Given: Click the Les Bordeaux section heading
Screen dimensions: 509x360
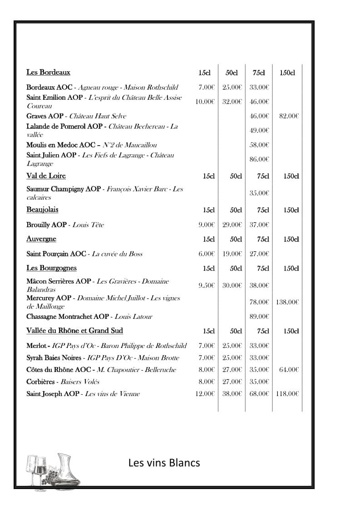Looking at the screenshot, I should point(48,72).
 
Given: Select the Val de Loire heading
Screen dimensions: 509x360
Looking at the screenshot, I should point(46,176).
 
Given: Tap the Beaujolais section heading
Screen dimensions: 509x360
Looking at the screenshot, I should point(42,210).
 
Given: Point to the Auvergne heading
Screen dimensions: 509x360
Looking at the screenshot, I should point(41,239).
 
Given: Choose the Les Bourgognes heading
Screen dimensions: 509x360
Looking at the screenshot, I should point(51,268).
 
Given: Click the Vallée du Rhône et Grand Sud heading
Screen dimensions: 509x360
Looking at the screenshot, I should point(74,330).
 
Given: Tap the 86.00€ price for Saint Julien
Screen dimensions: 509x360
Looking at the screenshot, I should point(259,159).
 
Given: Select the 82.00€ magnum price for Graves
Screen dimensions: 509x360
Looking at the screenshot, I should point(289,116).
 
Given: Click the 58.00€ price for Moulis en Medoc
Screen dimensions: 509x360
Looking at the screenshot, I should point(259,145).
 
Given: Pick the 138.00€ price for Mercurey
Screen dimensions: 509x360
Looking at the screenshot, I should point(287,302).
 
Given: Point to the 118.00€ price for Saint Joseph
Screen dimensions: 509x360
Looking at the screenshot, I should point(287,394).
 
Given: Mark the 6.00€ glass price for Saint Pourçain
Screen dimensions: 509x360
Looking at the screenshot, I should point(206,254).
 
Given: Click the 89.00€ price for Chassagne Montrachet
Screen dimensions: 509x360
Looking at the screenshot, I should point(259,316).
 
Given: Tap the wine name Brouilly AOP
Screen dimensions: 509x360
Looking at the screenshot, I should point(46,225).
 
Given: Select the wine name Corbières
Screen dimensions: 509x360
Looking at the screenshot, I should point(41,382).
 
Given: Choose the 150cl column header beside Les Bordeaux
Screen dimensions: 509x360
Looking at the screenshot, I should point(287,73).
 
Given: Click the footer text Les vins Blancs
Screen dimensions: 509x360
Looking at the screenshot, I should point(164,463).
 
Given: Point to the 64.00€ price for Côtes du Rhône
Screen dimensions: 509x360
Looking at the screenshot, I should point(289,370).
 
